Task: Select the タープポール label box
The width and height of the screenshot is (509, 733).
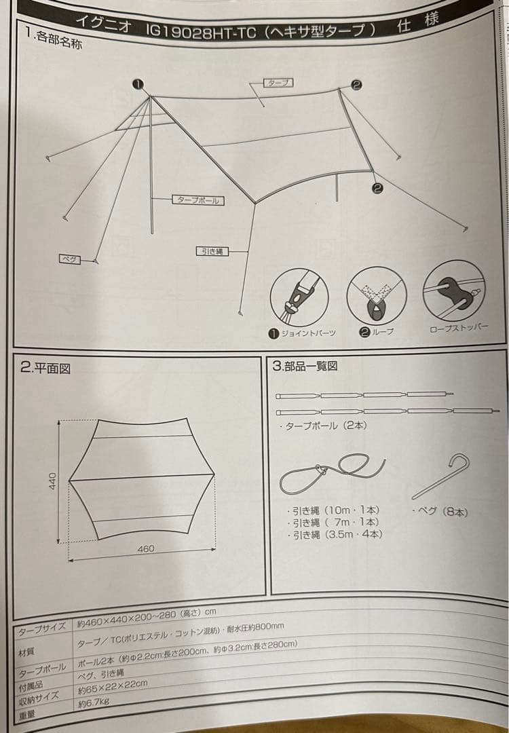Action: pyautogui.click(x=198, y=200)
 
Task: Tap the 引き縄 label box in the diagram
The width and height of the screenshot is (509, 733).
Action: pyautogui.click(x=212, y=251)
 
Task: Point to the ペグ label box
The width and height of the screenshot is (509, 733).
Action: pyautogui.click(x=68, y=259)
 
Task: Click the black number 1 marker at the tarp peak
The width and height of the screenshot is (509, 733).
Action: pyautogui.click(x=138, y=83)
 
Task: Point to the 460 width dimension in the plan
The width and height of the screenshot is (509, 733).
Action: pyautogui.click(x=146, y=549)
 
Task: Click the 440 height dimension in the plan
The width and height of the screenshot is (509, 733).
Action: pyautogui.click(x=52, y=483)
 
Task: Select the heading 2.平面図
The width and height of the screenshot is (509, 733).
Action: pyautogui.click(x=45, y=369)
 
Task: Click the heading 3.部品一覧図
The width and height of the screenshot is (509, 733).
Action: pyautogui.click(x=305, y=366)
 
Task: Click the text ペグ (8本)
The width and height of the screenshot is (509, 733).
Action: pyautogui.click(x=440, y=512)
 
